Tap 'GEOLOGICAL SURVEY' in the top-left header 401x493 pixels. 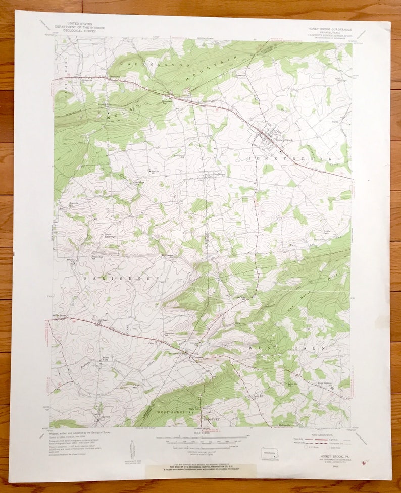(x=71, y=30)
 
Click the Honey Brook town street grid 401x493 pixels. (x=268, y=137)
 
